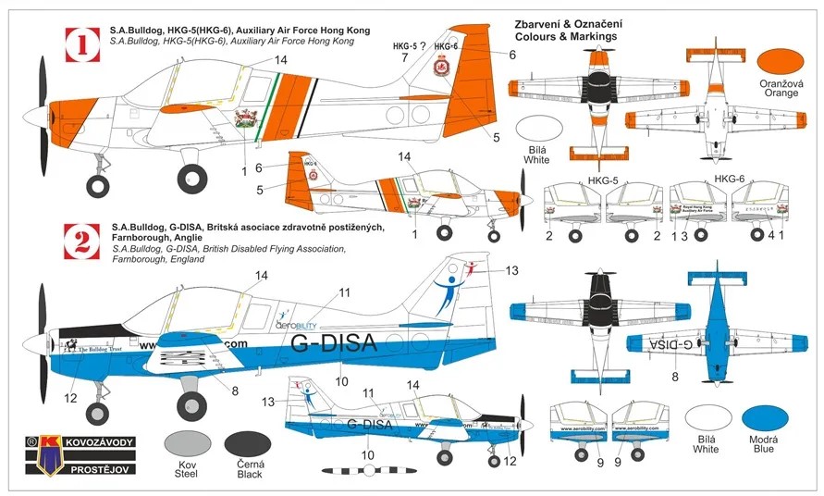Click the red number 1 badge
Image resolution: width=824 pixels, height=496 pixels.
[x=81, y=43]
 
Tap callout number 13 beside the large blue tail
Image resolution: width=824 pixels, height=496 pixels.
[x=511, y=270]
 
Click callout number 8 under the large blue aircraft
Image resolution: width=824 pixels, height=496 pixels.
[x=234, y=391]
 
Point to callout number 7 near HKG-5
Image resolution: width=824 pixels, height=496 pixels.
[x=403, y=57]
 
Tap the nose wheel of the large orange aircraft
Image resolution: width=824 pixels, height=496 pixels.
[x=97, y=186]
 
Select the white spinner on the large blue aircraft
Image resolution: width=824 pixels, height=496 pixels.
[x=35, y=344]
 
